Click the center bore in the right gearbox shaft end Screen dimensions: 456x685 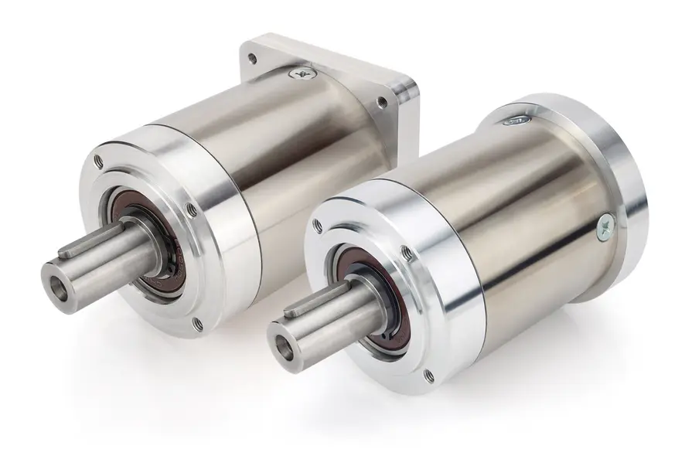coord(283,348)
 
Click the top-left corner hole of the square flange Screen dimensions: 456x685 coord(252,57)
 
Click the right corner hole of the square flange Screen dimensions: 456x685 coord(381,102)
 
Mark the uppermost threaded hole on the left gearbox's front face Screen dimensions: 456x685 coord(98,161)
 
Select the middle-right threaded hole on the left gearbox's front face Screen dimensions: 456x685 coord(192,209)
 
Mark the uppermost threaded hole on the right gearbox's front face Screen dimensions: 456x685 coord(317,226)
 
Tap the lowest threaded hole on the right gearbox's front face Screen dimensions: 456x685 coord(428,376)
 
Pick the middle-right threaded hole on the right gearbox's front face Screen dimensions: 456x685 coord(407,252)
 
